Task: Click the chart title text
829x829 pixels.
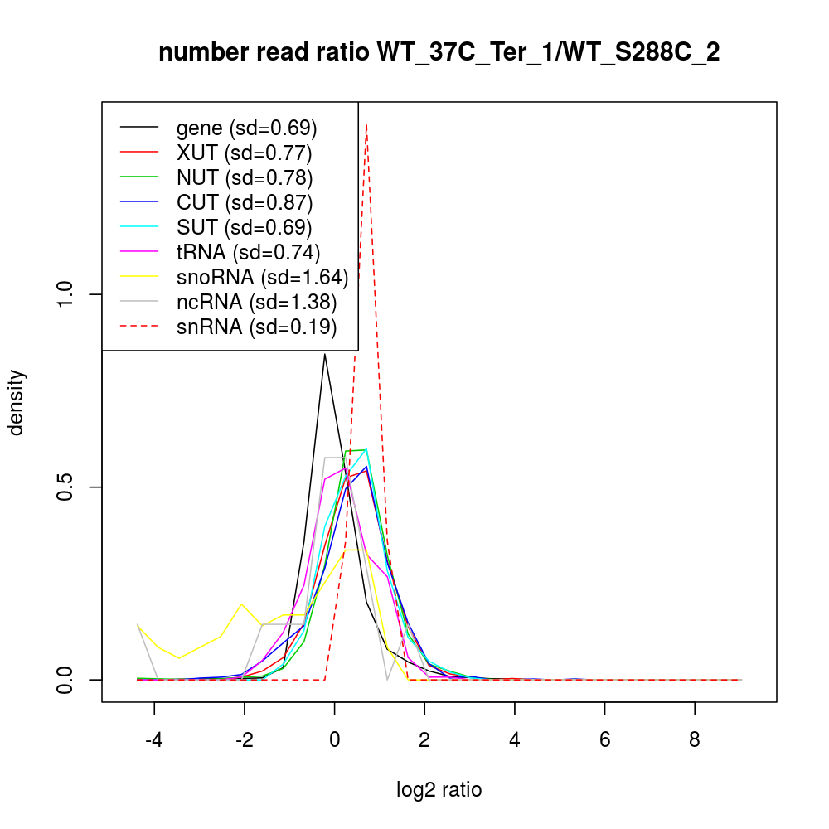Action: tap(439, 53)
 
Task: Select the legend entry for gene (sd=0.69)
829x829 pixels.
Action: tap(246, 128)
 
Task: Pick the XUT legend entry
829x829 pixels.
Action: tap(244, 153)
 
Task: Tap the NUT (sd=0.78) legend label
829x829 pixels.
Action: tap(245, 177)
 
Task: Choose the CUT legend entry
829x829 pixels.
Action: tap(245, 202)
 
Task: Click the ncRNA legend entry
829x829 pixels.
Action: tap(256, 302)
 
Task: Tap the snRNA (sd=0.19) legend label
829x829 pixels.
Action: tap(256, 327)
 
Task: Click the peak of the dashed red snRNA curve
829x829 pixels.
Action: tap(366, 125)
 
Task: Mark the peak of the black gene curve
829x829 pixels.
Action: tap(325, 355)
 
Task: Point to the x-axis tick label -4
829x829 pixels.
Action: tap(154, 739)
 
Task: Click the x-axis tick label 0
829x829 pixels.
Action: tap(335, 739)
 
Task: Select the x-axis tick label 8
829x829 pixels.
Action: tap(695, 739)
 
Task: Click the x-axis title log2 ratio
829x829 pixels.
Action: tap(439, 790)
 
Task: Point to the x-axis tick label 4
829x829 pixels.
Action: tap(515, 739)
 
